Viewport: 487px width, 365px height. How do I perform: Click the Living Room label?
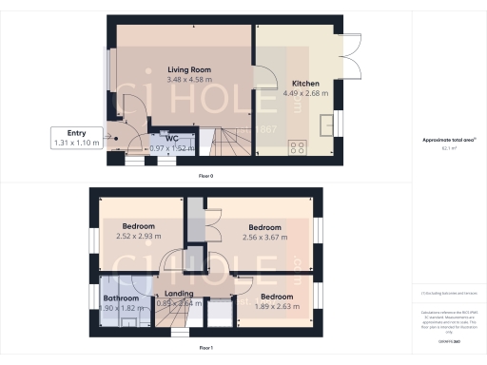188,70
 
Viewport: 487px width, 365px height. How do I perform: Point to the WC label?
172,139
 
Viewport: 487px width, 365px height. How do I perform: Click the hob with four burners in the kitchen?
298,147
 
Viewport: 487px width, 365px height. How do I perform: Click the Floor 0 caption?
205,177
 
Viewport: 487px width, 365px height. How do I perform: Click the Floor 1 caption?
205,349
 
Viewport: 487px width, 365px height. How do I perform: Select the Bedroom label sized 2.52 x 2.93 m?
139,225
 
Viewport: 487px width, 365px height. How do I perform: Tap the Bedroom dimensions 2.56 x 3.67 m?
265,238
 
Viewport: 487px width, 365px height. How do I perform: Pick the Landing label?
179,294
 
